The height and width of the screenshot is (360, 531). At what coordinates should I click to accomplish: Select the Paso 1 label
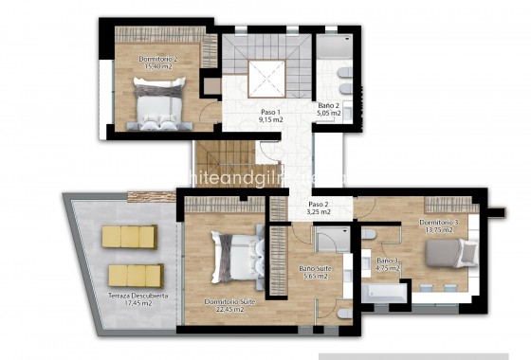(272, 111)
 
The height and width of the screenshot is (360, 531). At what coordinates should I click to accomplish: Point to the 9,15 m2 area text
(272, 120)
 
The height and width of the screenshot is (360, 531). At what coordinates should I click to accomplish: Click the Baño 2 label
(329, 104)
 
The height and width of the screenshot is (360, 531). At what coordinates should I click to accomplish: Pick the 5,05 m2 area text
(329, 113)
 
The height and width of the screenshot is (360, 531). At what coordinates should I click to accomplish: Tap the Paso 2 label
(319, 204)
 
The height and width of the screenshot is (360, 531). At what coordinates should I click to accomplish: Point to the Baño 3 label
(388, 260)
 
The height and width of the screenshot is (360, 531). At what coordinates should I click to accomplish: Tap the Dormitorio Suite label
(229, 301)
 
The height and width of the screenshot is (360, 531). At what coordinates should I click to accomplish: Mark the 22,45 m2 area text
(229, 310)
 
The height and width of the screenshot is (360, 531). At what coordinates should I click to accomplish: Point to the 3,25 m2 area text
(319, 212)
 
